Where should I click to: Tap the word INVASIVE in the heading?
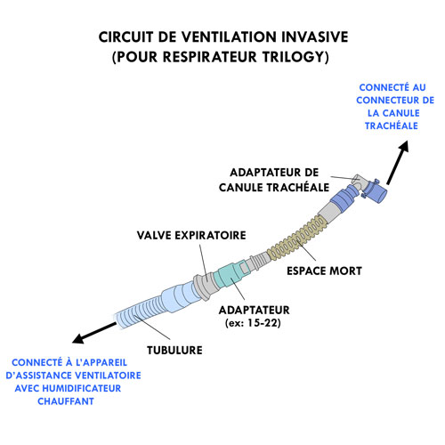click(x=314, y=37)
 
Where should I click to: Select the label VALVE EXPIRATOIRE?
click(x=191, y=235)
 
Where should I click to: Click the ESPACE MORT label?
click(x=324, y=271)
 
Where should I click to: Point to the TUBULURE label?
click(x=174, y=350)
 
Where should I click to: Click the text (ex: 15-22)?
click(x=253, y=323)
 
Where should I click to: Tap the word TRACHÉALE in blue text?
click(x=392, y=125)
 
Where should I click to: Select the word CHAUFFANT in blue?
click(x=66, y=401)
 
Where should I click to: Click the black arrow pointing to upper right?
click(x=398, y=163)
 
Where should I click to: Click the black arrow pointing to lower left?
click(x=94, y=333)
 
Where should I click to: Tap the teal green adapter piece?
click(x=230, y=274)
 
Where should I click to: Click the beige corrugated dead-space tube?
click(x=296, y=238)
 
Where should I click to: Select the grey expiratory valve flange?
click(x=204, y=287)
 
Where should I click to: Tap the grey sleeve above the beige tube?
click(x=328, y=213)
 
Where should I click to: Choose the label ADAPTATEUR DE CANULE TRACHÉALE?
click(x=274, y=180)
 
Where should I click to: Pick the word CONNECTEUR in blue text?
click(x=383, y=101)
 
